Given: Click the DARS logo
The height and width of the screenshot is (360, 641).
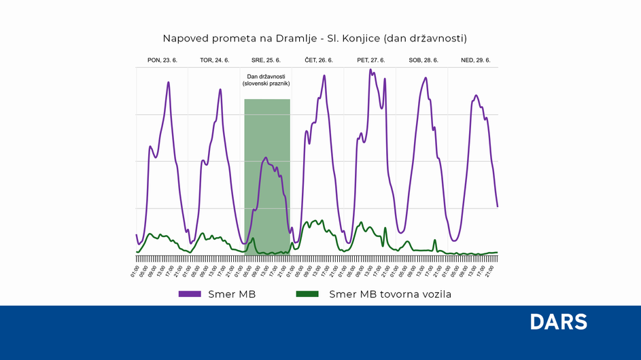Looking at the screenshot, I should coord(558,322).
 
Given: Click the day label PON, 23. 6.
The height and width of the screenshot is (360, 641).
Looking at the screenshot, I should coord(162,60).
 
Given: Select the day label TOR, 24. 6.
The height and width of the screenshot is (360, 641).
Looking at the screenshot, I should coord(214,60).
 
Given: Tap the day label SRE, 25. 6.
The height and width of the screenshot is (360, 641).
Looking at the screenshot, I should coord(266,60).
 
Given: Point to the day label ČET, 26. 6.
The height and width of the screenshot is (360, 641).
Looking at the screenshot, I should coord(318,60).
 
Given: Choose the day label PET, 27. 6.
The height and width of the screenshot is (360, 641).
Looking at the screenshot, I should coord(370,60).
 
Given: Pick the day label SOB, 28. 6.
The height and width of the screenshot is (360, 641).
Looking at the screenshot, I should coord(423,60).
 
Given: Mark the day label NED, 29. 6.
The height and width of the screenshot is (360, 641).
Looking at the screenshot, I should coord(475,60).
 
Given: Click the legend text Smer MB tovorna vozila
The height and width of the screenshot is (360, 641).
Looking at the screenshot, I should coord(390,294).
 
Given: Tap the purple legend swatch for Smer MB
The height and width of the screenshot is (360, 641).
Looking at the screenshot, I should coord(190,294).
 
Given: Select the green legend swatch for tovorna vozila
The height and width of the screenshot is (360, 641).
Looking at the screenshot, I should coord(307,294).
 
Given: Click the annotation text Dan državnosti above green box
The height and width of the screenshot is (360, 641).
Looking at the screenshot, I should coord(266,76).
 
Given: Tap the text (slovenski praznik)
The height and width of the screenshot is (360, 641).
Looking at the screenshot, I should coord(266,84).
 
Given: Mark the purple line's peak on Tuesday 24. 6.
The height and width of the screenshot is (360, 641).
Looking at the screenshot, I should coord(220,89).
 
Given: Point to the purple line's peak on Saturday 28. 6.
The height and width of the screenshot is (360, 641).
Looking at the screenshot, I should coord(426,77).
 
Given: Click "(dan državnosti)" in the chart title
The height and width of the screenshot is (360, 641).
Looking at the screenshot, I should coord(428,38).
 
